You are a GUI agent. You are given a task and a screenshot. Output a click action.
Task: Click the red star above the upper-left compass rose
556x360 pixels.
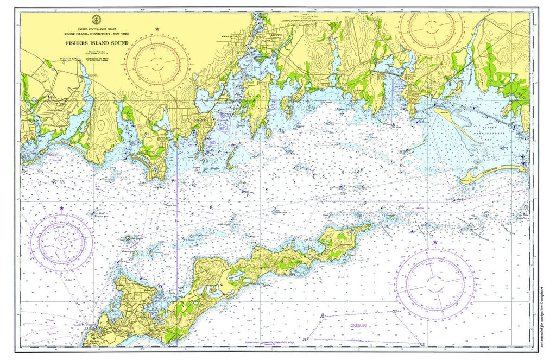(x=157, y=29)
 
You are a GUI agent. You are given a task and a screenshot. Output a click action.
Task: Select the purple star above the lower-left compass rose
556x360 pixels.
(x=61, y=208)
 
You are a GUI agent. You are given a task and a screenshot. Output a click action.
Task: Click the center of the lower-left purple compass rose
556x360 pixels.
(x=61, y=240)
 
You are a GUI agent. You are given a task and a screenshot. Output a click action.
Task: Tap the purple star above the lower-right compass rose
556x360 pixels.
(x=435, y=242)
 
